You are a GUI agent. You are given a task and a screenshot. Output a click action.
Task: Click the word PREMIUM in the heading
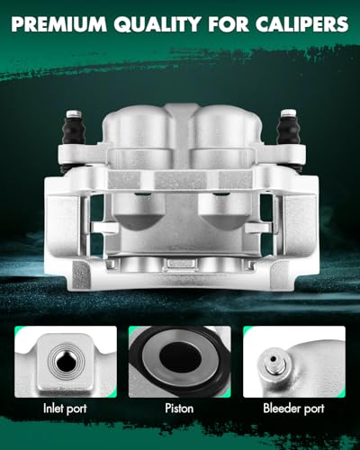coord(58,24)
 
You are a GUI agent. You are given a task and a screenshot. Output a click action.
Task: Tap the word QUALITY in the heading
coord(157,24)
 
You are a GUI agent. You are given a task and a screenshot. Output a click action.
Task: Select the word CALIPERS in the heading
coord(301,24)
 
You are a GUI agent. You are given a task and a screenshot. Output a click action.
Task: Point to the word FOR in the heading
coord(229,24)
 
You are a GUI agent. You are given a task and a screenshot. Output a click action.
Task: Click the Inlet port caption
coord(65,409)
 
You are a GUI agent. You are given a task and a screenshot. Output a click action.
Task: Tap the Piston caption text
coord(179,409)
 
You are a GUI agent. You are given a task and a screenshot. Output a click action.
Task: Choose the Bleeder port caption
coord(293,409)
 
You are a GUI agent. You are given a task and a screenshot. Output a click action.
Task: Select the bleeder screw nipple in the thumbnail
coord(273,364)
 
